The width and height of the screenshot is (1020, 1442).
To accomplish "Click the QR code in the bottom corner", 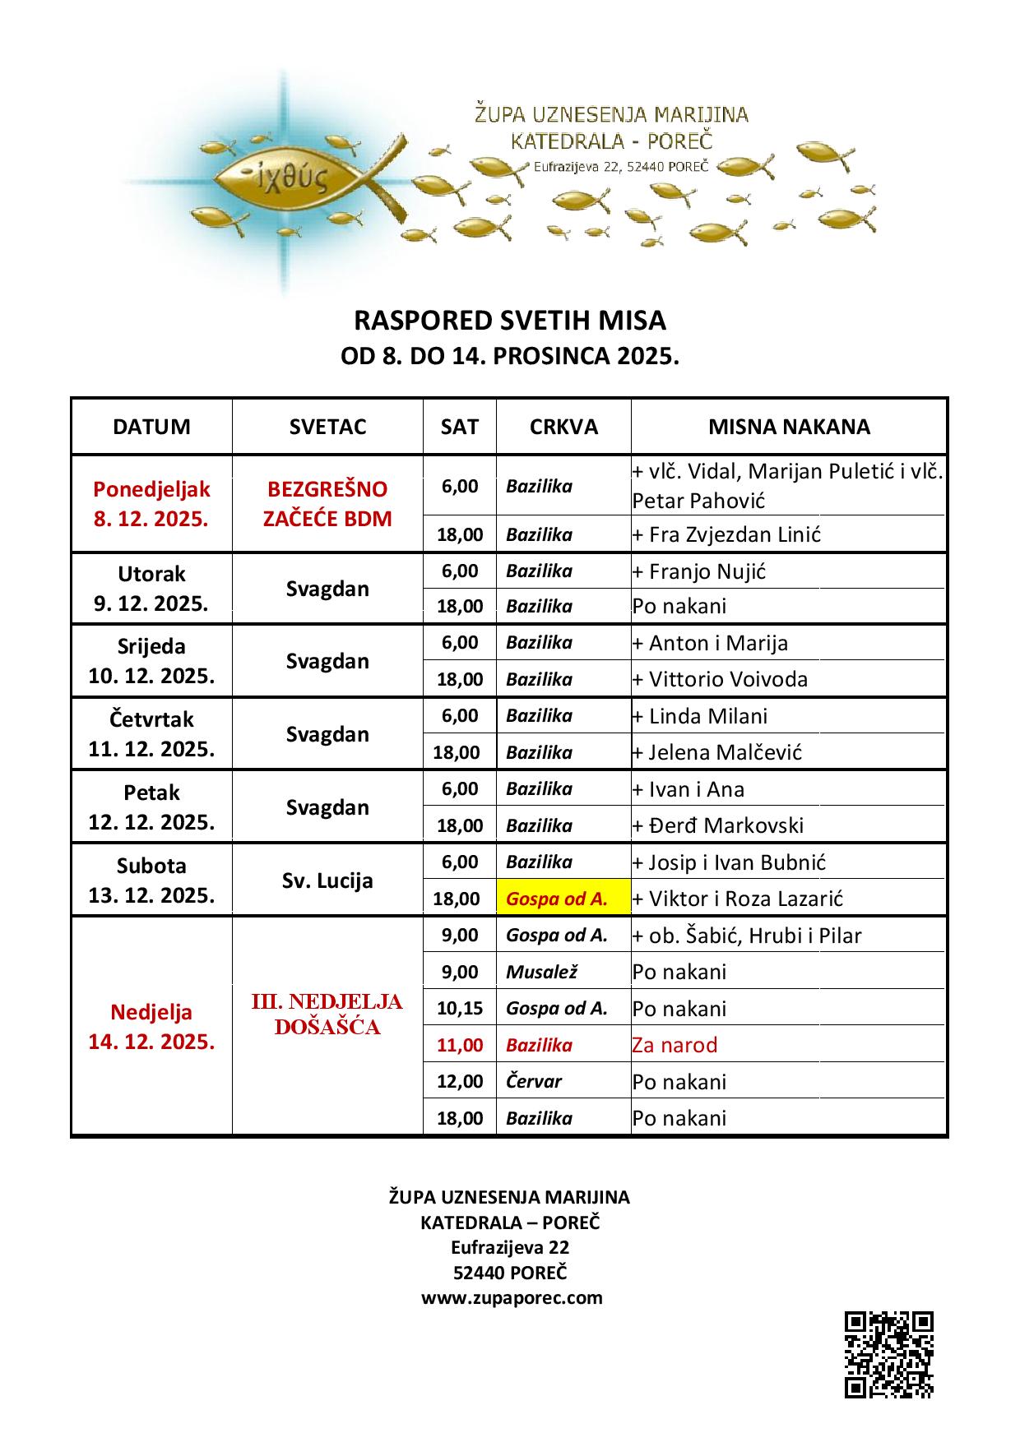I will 888,1354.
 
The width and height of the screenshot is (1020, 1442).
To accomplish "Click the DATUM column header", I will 151,427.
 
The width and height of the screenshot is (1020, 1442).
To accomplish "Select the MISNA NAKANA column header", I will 789,427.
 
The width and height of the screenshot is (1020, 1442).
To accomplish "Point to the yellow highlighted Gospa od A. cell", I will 563,899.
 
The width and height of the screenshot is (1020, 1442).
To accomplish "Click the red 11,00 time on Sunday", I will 460,1045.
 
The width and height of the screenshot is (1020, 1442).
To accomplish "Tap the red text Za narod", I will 675,1045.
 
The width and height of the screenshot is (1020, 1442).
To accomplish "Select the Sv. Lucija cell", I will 327,880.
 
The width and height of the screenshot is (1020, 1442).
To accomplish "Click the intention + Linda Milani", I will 699,716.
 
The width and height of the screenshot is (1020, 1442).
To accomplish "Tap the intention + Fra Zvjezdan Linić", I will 726,534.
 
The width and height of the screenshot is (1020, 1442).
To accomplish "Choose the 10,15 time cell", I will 460,1009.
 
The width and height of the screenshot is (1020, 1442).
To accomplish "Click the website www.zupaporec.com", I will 512,1298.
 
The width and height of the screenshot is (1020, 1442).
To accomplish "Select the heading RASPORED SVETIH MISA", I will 509,320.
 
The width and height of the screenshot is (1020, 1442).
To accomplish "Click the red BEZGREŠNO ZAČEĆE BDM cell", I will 327,504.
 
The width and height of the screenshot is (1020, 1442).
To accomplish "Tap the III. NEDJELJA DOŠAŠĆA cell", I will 327,1014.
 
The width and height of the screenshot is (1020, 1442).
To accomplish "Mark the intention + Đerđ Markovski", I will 717,825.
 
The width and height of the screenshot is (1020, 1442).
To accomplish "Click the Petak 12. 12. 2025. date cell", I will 151,807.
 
